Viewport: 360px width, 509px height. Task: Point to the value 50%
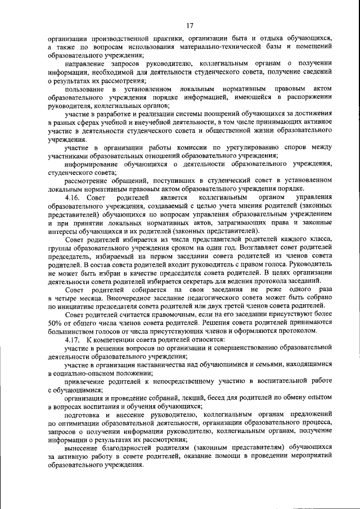point(56,325)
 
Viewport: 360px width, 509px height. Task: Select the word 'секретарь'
point(205,281)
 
